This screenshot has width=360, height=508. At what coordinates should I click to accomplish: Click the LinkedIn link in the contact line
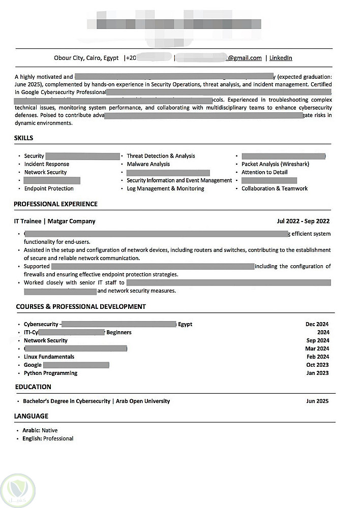281,58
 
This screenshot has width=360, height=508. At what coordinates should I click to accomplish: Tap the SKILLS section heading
23,138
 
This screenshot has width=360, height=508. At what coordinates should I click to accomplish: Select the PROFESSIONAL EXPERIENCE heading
55,204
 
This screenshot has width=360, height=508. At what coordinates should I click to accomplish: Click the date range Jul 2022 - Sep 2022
303,221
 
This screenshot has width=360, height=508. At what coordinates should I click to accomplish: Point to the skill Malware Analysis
148,164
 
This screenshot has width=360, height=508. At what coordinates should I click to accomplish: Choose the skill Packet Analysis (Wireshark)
275,164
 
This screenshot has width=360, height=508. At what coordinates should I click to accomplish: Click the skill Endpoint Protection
49,188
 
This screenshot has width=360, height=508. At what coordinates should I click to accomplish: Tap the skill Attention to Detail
264,172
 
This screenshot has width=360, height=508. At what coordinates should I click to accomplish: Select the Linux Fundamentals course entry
49,357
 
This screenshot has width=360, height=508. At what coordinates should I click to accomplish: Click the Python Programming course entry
50,373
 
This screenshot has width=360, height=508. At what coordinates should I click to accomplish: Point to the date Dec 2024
317,324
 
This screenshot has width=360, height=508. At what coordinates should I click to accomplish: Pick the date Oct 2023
317,365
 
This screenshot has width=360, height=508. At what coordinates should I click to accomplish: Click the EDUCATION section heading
33,387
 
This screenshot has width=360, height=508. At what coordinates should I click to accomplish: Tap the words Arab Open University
143,401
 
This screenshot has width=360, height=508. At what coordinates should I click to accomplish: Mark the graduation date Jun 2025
317,401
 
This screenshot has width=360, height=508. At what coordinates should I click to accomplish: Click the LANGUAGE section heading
31,416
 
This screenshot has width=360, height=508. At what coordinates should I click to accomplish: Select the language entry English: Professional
48,438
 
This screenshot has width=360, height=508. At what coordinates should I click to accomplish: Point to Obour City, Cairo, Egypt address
86,58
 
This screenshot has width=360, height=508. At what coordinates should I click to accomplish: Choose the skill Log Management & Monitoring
165,188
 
